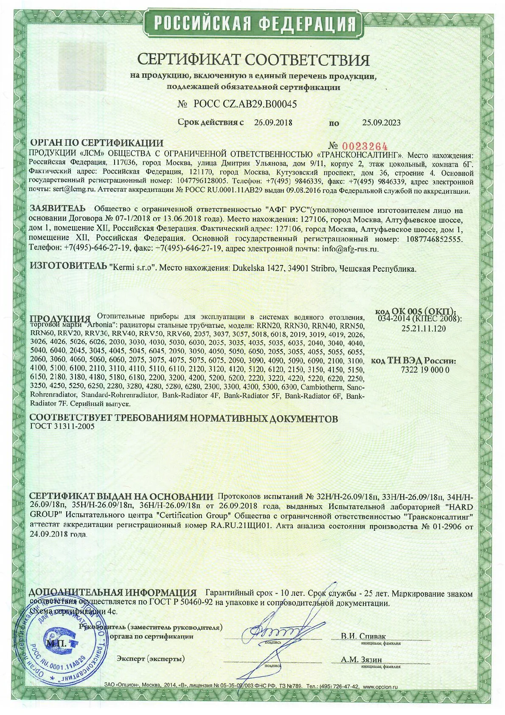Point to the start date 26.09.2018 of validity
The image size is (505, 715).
pyautogui.click(x=273, y=123)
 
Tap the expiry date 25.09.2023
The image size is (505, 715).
pyautogui.click(x=381, y=123)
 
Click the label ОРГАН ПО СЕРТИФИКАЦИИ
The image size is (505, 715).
pyautogui.click(x=96, y=143)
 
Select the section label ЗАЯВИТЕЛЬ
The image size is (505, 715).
pyautogui.click(x=58, y=209)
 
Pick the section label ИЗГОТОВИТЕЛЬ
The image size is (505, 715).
pyautogui.click(x=68, y=266)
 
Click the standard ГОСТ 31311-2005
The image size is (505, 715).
pyautogui.click(x=62, y=427)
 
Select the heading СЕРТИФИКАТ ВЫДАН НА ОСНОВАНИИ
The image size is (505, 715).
pyautogui.click(x=121, y=497)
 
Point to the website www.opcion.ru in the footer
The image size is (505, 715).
pyautogui.click(x=380, y=698)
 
